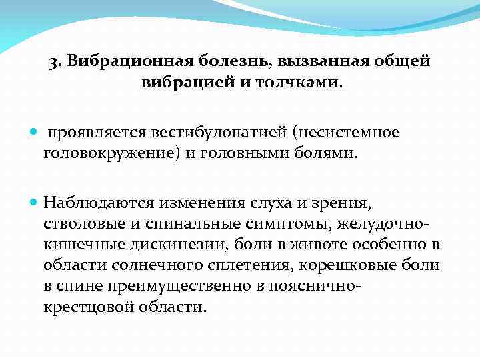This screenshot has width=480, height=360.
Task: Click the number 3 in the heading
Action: (53, 62)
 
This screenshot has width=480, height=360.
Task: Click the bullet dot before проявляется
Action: (35, 133)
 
